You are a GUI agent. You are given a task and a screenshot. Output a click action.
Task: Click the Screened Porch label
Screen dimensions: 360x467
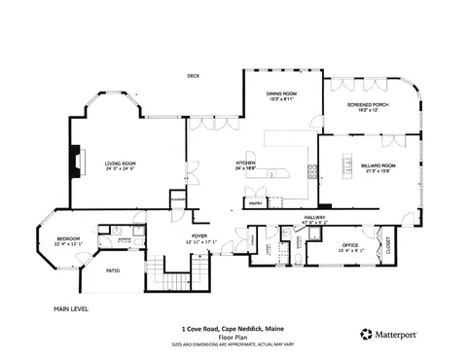point(367,106)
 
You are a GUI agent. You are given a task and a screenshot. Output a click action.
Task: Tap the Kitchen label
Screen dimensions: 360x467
point(246,164)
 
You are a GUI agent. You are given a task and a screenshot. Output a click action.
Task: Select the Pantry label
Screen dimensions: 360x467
point(255,203)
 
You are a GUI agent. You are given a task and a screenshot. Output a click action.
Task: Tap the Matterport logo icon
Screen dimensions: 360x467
point(367,333)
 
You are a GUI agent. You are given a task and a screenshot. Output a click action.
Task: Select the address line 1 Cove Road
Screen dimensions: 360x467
point(233,328)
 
